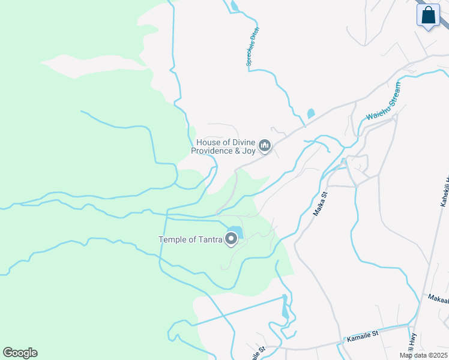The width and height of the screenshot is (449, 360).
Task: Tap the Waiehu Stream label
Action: tap(382, 104)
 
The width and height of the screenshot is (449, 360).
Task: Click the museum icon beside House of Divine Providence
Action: tap(264, 146)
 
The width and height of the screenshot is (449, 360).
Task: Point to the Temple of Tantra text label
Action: tap(190, 240)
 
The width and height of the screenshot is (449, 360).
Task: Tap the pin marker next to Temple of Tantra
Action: tap(231, 239)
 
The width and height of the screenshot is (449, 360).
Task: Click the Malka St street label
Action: tap(319, 203)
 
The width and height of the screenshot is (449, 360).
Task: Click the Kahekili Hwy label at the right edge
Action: tap(445, 192)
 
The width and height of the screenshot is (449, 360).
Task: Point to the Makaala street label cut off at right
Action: tap(438, 298)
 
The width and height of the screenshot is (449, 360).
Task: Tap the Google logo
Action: tap(20, 353)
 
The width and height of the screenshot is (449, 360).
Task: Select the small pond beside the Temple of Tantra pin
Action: tap(235, 230)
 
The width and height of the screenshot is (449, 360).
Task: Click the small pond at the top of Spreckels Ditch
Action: tap(234, 7)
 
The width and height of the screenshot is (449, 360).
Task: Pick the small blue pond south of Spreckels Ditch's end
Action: tap(310, 113)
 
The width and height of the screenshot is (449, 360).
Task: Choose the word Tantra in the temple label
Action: tap(207, 240)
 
